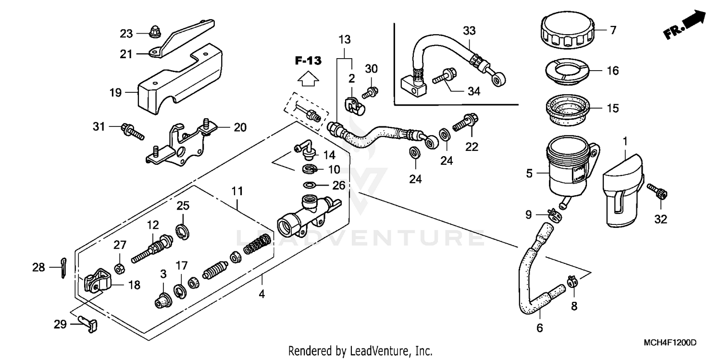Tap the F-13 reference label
pyautogui.click(x=308, y=61)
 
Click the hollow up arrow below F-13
pyautogui.click(x=308, y=77)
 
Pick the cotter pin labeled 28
pyautogui.click(x=65, y=268)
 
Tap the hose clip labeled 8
pyautogui.click(x=571, y=281)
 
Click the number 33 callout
pyautogui.click(x=469, y=31)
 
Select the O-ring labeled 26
pyautogui.click(x=310, y=185)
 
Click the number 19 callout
pyautogui.click(x=116, y=92)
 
